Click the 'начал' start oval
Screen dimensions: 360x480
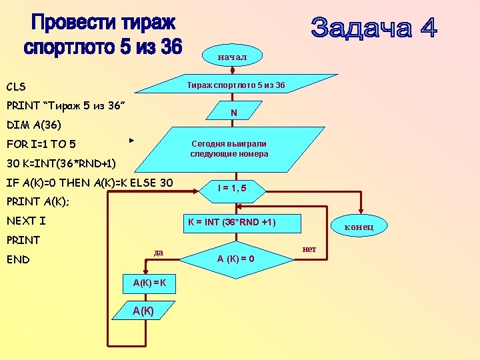(232, 57)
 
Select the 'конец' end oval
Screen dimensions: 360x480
(359, 227)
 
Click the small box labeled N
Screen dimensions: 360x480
(233, 113)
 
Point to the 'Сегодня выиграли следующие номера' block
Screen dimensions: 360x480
(229, 149)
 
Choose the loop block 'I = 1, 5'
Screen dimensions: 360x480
(232, 189)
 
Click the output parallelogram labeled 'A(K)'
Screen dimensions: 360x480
(143, 311)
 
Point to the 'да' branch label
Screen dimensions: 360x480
(159, 252)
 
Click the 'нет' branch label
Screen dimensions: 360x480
(309, 249)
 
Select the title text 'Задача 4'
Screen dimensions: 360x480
(375, 28)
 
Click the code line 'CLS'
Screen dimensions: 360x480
(16, 87)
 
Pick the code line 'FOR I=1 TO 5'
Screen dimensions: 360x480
(41, 144)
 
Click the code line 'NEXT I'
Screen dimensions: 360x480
(26, 221)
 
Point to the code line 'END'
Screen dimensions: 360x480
(18, 259)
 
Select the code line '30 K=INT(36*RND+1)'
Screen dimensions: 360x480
(61, 163)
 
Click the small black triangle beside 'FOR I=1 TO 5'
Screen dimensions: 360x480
(132, 141)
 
